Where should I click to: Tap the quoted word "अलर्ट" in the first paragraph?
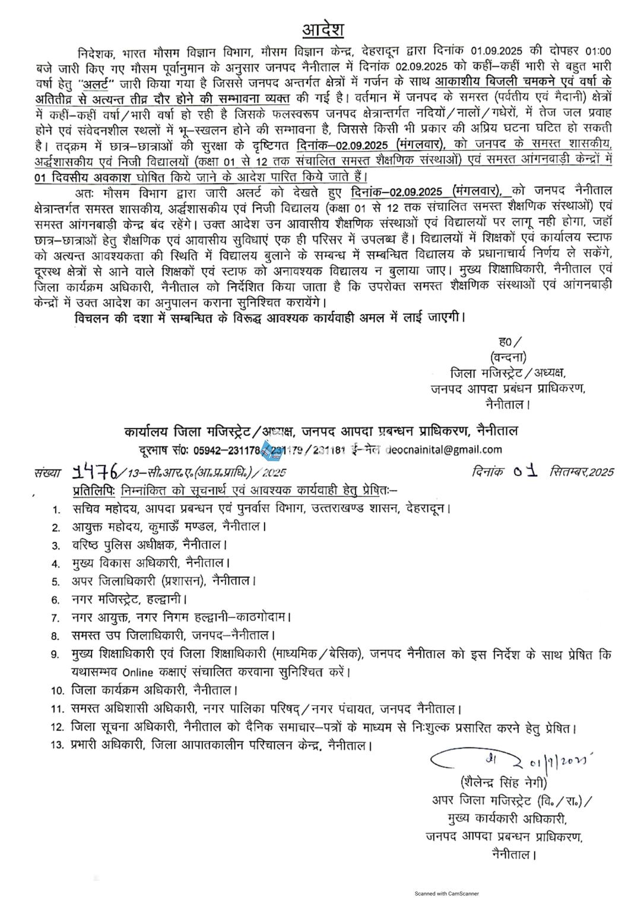point(97,82)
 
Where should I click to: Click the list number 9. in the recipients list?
point(56,655)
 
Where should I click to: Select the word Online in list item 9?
point(138,673)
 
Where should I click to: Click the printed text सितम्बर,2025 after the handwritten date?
point(581,472)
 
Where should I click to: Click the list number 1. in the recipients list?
point(56,509)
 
